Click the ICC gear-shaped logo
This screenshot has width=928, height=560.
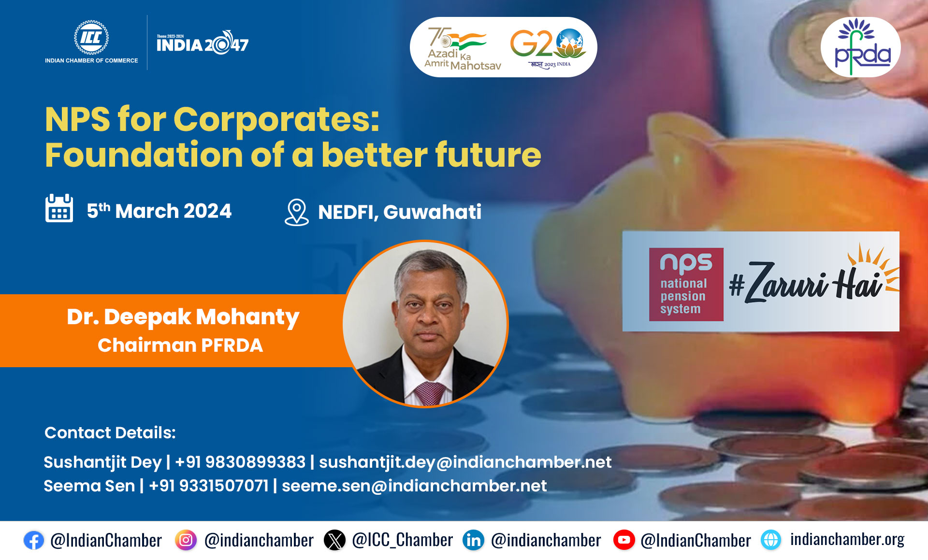click(x=91, y=38)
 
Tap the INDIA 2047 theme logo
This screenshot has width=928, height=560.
click(x=203, y=43)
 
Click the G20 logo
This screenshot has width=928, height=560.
click(x=549, y=47)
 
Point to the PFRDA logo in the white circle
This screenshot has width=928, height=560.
click(x=861, y=47)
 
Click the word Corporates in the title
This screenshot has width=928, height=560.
click(x=276, y=119)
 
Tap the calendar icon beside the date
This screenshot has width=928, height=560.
click(x=59, y=208)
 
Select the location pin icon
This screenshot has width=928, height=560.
click(x=296, y=213)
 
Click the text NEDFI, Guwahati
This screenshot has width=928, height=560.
click(x=400, y=212)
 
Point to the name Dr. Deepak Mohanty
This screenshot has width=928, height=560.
click(x=183, y=317)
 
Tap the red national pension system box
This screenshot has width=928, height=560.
click(x=686, y=284)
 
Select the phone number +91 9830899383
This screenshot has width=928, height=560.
click(x=240, y=462)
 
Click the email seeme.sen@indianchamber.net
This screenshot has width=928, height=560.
click(x=414, y=486)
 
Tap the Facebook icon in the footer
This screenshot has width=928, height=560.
click(x=34, y=540)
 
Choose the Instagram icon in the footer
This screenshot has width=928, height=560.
click(x=186, y=540)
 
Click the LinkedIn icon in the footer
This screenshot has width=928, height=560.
click(x=474, y=540)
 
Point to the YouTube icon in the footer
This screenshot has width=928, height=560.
click(x=624, y=540)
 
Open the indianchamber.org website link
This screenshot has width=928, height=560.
click(x=847, y=539)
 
